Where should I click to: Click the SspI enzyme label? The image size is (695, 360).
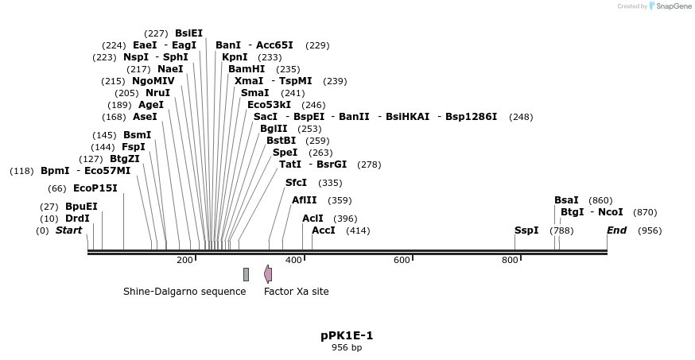pyautogui.click(x=526, y=230)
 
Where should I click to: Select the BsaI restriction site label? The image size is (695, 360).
pyautogui.click(x=566, y=200)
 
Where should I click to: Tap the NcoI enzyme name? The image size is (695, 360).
pyautogui.click(x=610, y=212)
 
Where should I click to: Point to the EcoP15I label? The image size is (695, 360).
pyautogui.click(x=95, y=188)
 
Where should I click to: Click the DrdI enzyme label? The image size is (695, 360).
pyautogui.click(x=77, y=219)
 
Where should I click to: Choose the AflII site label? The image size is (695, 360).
pyautogui.click(x=304, y=200)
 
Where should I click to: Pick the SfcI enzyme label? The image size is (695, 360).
pyautogui.click(x=296, y=183)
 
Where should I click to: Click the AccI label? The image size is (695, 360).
pyautogui.click(x=323, y=230)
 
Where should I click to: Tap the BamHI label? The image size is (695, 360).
pyautogui.click(x=247, y=69)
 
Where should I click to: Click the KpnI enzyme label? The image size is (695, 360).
pyautogui.click(x=235, y=57)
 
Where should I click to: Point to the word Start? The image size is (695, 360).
pyautogui.click(x=68, y=230)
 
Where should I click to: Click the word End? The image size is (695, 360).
pyautogui.click(x=616, y=230)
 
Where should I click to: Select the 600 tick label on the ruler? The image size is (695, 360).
pyautogui.click(x=402, y=260)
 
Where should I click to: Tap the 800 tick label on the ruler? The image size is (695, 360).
pyautogui.click(x=510, y=260)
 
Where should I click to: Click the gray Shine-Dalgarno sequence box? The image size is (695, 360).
pyautogui.click(x=247, y=274)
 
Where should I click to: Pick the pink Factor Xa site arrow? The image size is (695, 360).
pyautogui.click(x=268, y=274)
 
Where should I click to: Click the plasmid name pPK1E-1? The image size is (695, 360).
pyautogui.click(x=347, y=335)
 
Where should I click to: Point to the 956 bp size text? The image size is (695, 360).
pyautogui.click(x=347, y=347)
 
